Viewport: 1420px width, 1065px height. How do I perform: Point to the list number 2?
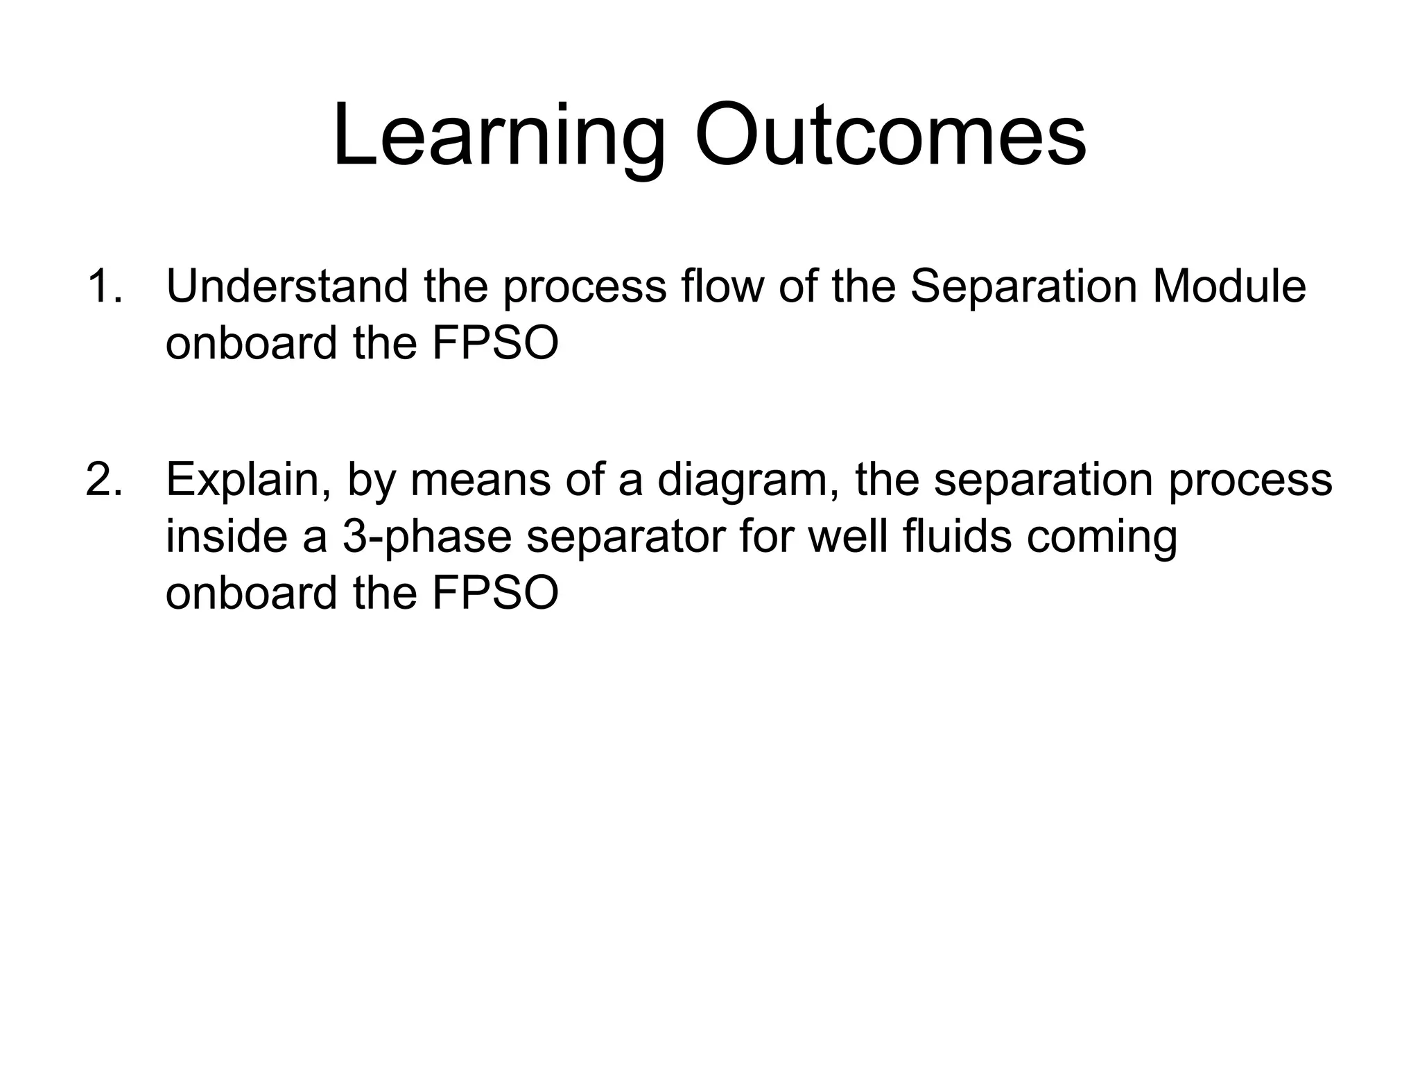103,479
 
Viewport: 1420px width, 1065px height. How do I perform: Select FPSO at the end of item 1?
495,343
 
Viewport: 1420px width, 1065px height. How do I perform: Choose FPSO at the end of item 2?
495,594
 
